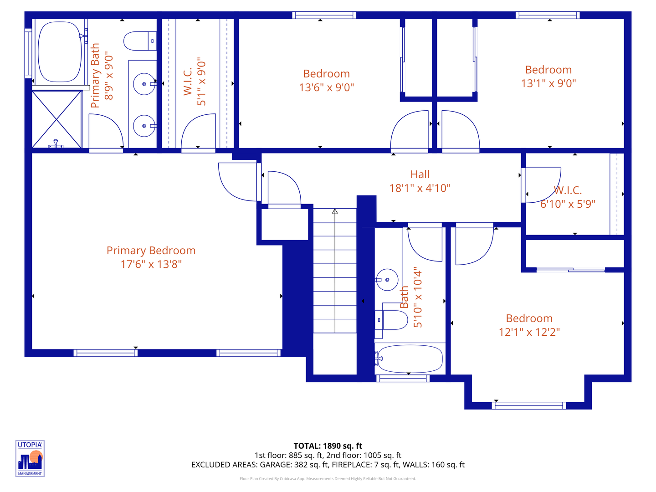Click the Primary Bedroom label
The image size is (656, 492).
[151, 251]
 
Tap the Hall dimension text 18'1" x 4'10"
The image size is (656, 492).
[420, 188]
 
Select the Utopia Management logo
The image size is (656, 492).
[30, 458]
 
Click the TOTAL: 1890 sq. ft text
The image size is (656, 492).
[328, 446]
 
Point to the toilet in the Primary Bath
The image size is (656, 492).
[139, 41]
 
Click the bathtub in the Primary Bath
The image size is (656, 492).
[59, 51]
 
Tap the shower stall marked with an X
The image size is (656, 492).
[56, 119]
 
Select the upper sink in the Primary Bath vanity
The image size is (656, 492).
[144, 84]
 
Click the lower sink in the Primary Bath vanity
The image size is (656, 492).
[144, 126]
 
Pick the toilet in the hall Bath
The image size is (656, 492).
[392, 320]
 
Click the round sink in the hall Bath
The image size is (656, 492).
[387, 280]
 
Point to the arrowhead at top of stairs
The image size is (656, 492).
[335, 211]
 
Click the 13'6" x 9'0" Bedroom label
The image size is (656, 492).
[326, 74]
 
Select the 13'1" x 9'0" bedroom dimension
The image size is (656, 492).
[548, 83]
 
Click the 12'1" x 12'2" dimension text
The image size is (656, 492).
[529, 332]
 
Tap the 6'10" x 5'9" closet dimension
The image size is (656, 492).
[568, 204]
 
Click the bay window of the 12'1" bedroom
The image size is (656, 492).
[529, 405]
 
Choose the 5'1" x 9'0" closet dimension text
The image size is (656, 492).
[201, 82]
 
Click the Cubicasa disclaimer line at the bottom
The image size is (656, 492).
[328, 479]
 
